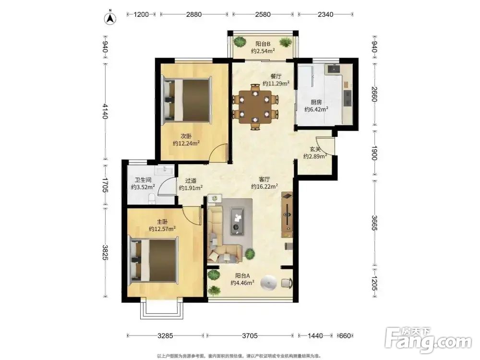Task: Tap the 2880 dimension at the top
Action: [194, 14]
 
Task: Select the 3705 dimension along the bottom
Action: [250, 336]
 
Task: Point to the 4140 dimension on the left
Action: [105, 111]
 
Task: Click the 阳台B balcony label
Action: [263, 44]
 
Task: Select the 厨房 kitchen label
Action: [316, 102]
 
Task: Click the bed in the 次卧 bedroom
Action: [187, 100]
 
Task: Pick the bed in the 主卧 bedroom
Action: [154, 260]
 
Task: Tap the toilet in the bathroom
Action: [152, 199]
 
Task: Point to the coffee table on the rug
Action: [237, 221]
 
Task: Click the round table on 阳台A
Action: [269, 283]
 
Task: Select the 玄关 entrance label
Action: [315, 149]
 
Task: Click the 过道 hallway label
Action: [191, 181]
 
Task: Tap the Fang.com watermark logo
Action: [428, 340]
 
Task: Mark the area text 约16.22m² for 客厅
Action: [264, 186]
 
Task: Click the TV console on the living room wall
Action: [287, 215]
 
